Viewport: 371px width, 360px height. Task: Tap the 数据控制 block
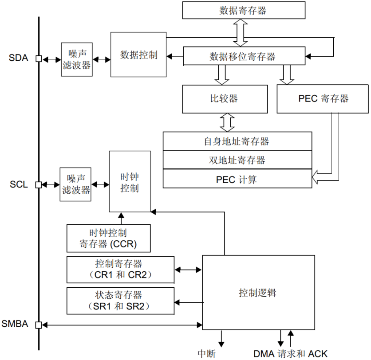(x=138, y=55)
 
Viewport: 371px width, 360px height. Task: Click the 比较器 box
(x=225, y=98)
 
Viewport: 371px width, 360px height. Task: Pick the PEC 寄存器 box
(x=323, y=98)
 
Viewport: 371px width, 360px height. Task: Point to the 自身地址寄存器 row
(x=237, y=142)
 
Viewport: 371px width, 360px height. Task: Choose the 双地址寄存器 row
(x=237, y=160)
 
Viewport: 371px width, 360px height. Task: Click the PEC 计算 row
(x=237, y=179)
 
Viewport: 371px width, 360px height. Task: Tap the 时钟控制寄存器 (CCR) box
(x=108, y=238)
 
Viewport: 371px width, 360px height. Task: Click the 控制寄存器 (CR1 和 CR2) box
(x=120, y=269)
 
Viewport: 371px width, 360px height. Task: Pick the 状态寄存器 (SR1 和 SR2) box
(x=120, y=301)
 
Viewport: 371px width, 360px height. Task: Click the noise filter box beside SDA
(x=76, y=59)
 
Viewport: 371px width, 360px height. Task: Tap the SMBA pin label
(x=15, y=324)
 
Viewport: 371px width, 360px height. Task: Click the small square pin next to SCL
(x=39, y=184)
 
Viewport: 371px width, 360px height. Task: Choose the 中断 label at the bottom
(x=206, y=353)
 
